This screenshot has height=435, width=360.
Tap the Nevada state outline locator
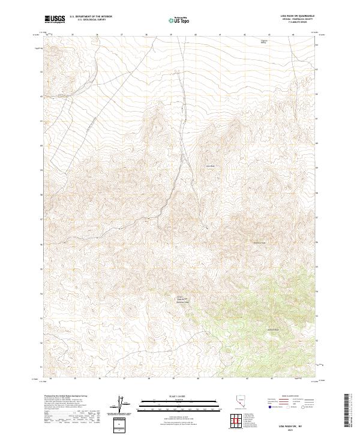pyautogui.click(x=241, y=403)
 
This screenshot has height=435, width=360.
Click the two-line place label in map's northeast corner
pyautogui.click(x=263, y=41)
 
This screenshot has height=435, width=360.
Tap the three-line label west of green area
pyautogui.click(x=182, y=299)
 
